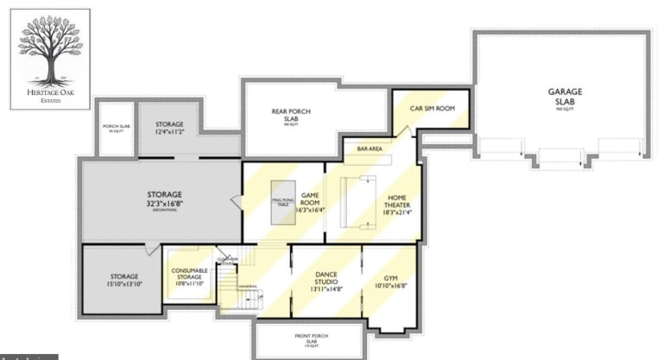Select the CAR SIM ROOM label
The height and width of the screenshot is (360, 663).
[432, 109]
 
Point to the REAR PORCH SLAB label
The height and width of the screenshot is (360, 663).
[290, 116]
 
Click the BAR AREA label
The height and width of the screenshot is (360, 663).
[369, 149]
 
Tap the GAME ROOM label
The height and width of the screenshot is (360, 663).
[311, 200]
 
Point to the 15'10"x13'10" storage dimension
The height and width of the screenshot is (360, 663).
[124, 283]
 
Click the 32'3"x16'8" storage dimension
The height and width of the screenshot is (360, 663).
[164, 204]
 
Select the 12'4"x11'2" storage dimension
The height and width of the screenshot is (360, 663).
[169, 132]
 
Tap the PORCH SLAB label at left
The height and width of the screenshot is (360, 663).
[116, 127]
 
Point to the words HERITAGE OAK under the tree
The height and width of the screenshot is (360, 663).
[50, 91]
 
